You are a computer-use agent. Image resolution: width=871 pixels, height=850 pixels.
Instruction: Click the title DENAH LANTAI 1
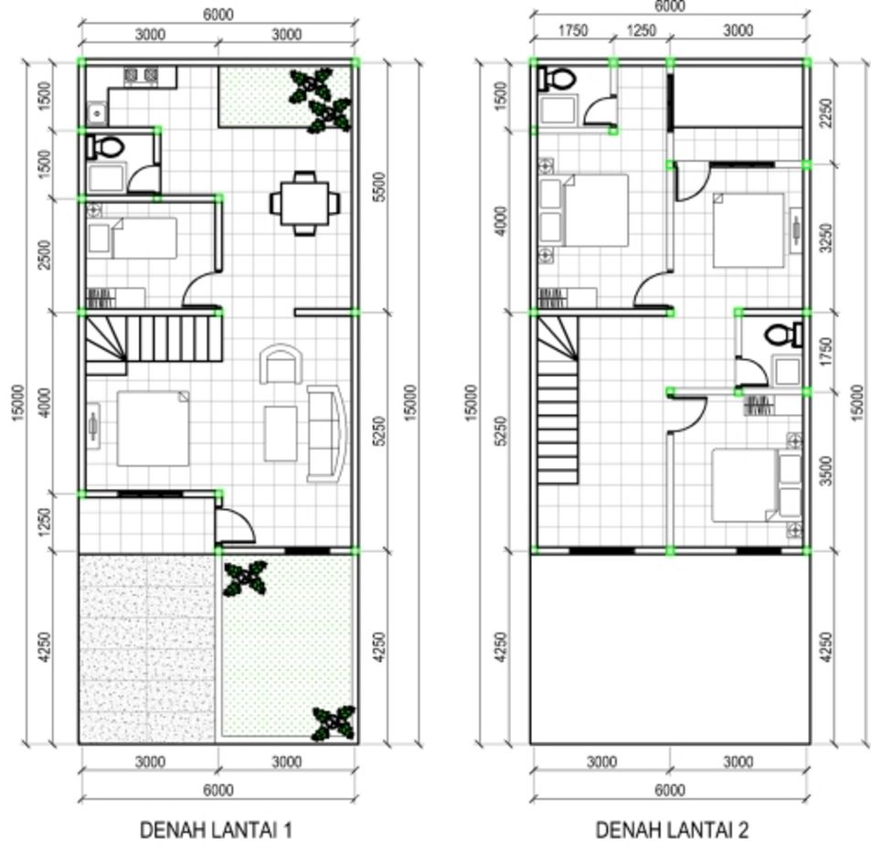[x=216, y=830]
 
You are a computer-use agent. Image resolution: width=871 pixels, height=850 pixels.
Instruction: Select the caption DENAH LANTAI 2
[x=672, y=830]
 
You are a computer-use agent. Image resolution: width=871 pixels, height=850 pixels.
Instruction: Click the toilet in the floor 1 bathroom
[x=108, y=145]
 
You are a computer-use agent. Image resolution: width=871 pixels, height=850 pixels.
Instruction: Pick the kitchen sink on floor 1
[x=96, y=113]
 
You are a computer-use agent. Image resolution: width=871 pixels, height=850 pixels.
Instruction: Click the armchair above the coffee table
[x=281, y=365]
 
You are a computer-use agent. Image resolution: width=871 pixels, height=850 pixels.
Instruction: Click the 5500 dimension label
[x=381, y=186]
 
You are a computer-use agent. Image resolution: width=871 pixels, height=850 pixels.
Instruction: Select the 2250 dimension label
[x=828, y=113]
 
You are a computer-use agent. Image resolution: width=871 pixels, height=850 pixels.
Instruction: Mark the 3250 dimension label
[x=828, y=239]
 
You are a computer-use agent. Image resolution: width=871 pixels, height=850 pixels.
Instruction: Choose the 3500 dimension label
[x=828, y=471]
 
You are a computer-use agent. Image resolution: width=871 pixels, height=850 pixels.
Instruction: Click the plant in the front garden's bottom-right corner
[x=333, y=723]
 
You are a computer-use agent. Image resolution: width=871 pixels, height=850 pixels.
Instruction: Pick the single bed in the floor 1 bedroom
[x=133, y=239]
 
